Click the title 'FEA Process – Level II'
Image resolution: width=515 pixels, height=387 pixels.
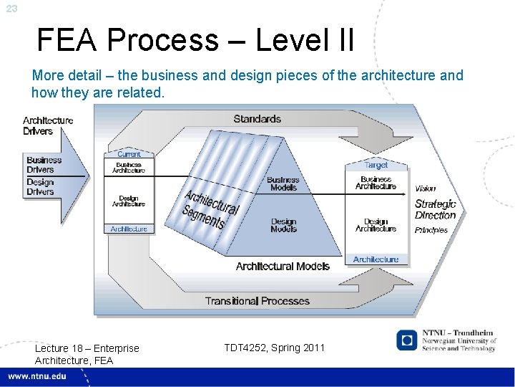(195, 40)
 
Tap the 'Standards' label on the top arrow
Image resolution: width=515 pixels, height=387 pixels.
(257, 119)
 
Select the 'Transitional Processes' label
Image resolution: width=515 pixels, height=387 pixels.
(257, 301)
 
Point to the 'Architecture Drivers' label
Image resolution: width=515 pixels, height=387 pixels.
(48, 125)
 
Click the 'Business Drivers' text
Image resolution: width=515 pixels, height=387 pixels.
(44, 165)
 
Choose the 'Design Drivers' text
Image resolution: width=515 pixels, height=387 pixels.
(41, 187)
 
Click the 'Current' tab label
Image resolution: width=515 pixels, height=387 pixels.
(129, 154)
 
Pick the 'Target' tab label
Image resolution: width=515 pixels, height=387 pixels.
(376, 165)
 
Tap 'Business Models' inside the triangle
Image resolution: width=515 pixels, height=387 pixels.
(283, 183)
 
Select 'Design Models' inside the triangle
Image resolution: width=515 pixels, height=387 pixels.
(283, 225)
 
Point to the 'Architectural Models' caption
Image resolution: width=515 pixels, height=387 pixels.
(283, 266)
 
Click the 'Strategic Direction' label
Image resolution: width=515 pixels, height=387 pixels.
(435, 209)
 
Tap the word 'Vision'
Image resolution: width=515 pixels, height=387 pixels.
(425, 188)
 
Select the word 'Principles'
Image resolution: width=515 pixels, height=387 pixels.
(431, 230)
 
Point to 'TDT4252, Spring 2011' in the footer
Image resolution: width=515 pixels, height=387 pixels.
(274, 348)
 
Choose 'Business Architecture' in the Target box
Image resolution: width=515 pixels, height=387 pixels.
(376, 183)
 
